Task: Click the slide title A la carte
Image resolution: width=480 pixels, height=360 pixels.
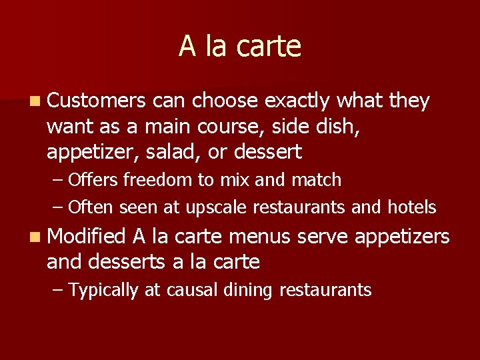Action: click(x=240, y=46)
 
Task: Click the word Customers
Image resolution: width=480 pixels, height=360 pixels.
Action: click(x=96, y=101)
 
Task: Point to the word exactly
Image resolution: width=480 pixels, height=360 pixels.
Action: click(x=297, y=101)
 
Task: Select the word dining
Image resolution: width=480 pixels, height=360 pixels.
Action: click(x=243, y=291)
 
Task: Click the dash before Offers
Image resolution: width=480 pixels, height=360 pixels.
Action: click(x=57, y=181)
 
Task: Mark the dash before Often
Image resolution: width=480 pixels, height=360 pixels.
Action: click(x=57, y=208)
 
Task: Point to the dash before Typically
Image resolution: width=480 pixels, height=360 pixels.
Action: click(x=57, y=291)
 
